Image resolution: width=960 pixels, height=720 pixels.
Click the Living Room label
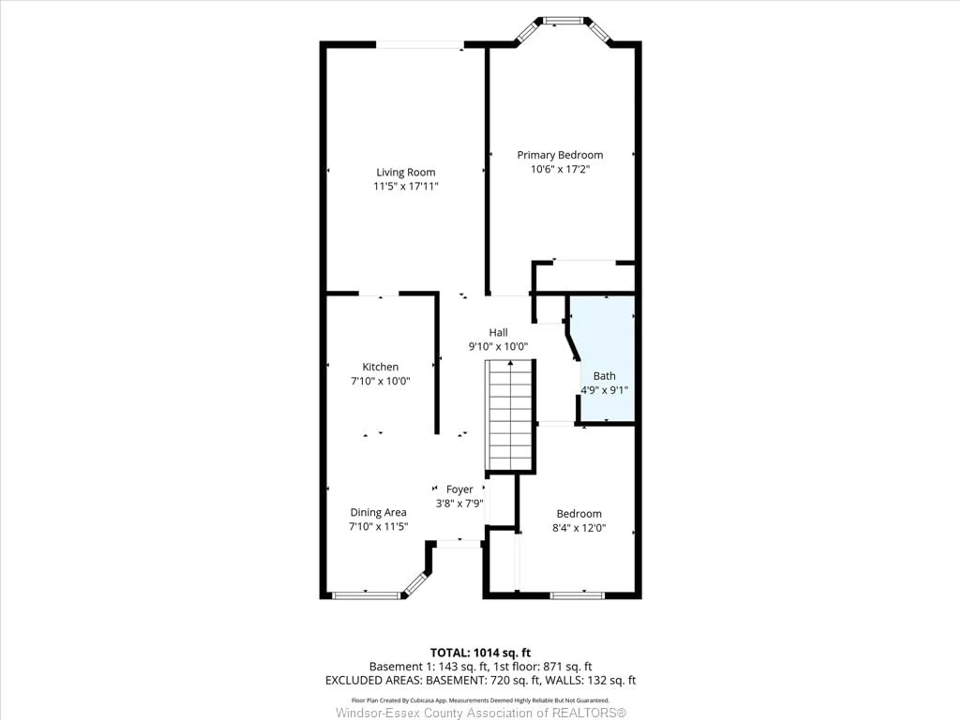(405, 172)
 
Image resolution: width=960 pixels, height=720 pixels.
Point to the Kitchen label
(380, 367)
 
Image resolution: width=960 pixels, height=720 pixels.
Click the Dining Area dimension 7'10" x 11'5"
(378, 526)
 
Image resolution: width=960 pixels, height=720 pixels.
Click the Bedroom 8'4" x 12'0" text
(579, 528)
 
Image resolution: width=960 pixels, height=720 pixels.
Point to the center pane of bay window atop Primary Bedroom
(563, 20)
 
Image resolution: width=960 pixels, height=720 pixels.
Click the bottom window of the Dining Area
(366, 596)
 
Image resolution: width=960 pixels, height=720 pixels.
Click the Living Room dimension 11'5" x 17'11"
(405, 186)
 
